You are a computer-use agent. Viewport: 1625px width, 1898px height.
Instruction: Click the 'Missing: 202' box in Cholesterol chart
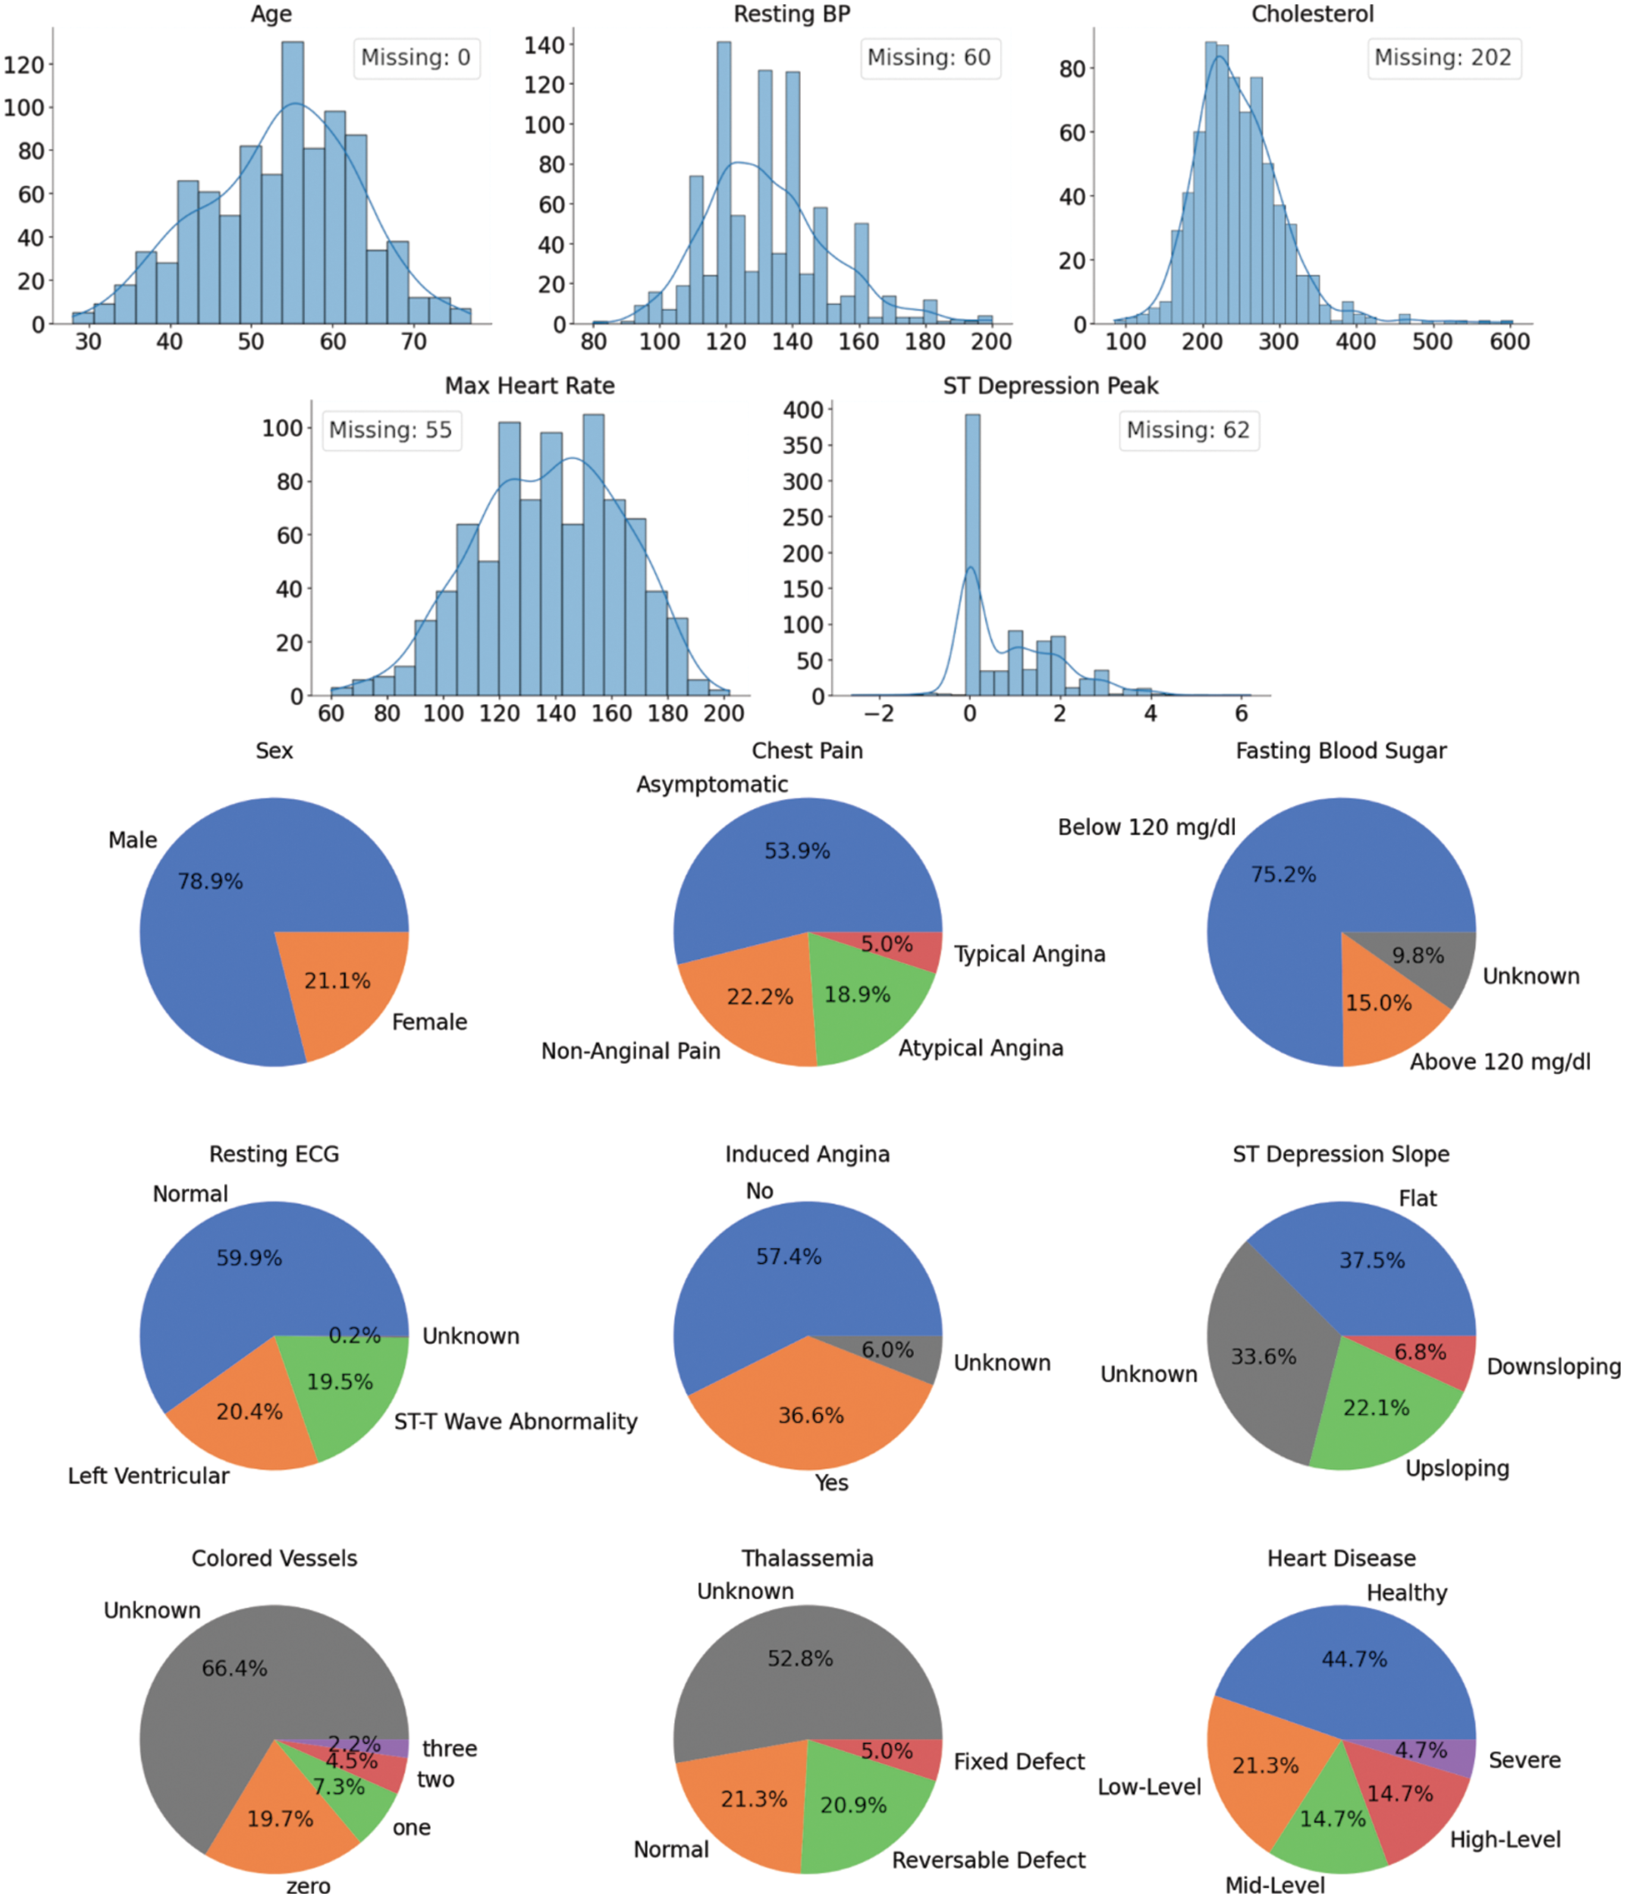1442,57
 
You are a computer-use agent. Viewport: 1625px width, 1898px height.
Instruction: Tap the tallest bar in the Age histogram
292,183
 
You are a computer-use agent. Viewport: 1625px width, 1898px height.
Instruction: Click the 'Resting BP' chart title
792,13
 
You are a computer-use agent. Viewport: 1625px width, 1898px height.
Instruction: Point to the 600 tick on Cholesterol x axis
1508,342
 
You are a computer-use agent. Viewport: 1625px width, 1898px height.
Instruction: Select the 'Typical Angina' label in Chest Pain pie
1030,955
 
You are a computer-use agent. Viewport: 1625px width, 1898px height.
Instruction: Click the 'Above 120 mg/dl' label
1499,1061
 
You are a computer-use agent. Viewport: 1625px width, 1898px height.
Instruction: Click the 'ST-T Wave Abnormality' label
516,1421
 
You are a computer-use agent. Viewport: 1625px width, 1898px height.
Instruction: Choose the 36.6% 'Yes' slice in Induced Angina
811,1416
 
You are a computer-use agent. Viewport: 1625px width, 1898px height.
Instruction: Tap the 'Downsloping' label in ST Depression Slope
1553,1366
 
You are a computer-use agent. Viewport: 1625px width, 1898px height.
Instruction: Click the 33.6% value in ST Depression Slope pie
1263,1356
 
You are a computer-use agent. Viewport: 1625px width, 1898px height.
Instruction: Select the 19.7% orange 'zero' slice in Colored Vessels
280,1818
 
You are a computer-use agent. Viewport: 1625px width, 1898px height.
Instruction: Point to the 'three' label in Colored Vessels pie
449,1749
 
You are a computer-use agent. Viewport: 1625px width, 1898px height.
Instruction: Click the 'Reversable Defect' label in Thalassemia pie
988,1861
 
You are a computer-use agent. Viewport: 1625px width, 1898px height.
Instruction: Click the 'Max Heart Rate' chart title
529,386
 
